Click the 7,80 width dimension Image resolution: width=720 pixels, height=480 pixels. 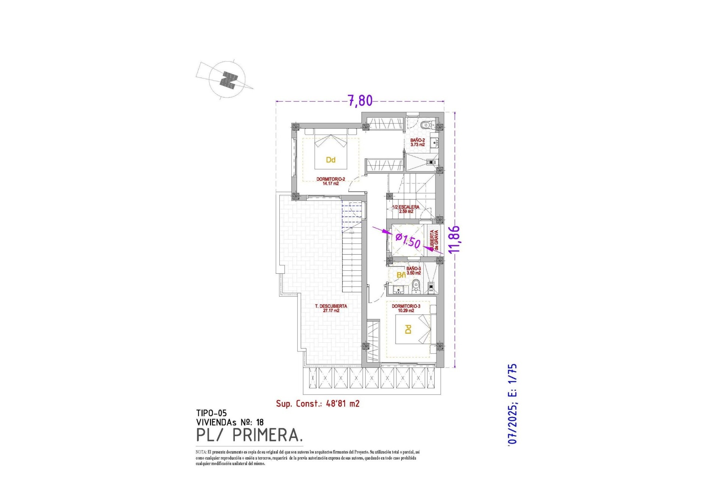pyautogui.click(x=360, y=100)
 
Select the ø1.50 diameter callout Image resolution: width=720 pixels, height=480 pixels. pyautogui.click(x=408, y=240)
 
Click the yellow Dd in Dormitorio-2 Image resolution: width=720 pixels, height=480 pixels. pyautogui.click(x=330, y=160)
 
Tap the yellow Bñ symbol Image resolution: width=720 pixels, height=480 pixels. pyautogui.click(x=401, y=275)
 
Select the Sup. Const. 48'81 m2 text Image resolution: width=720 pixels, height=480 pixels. pyautogui.click(x=318, y=403)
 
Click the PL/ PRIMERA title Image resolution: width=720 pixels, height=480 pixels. pyautogui.click(x=249, y=435)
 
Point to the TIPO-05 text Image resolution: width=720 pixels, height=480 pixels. pyautogui.click(x=211, y=413)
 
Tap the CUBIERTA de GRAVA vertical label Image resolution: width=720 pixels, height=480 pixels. pyautogui.click(x=434, y=240)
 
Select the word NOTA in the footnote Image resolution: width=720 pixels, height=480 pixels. pyautogui.click(x=201, y=452)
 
